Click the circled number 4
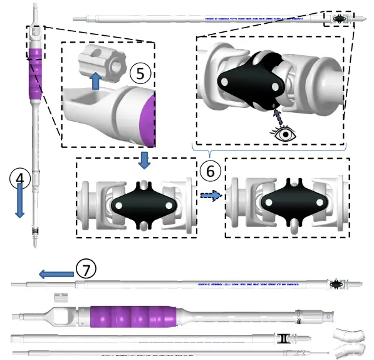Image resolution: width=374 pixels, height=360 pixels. (20, 177)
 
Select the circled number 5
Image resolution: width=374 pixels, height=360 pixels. (140, 73)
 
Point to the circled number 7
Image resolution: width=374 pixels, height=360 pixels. (86, 268)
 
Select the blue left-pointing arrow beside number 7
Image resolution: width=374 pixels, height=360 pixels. (55, 274)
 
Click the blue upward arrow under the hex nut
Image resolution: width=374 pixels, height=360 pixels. (95, 82)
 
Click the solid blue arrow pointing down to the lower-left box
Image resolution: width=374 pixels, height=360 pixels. (144, 160)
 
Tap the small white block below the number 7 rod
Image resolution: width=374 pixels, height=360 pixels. (60, 297)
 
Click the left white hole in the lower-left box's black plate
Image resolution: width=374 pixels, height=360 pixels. (118, 206)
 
